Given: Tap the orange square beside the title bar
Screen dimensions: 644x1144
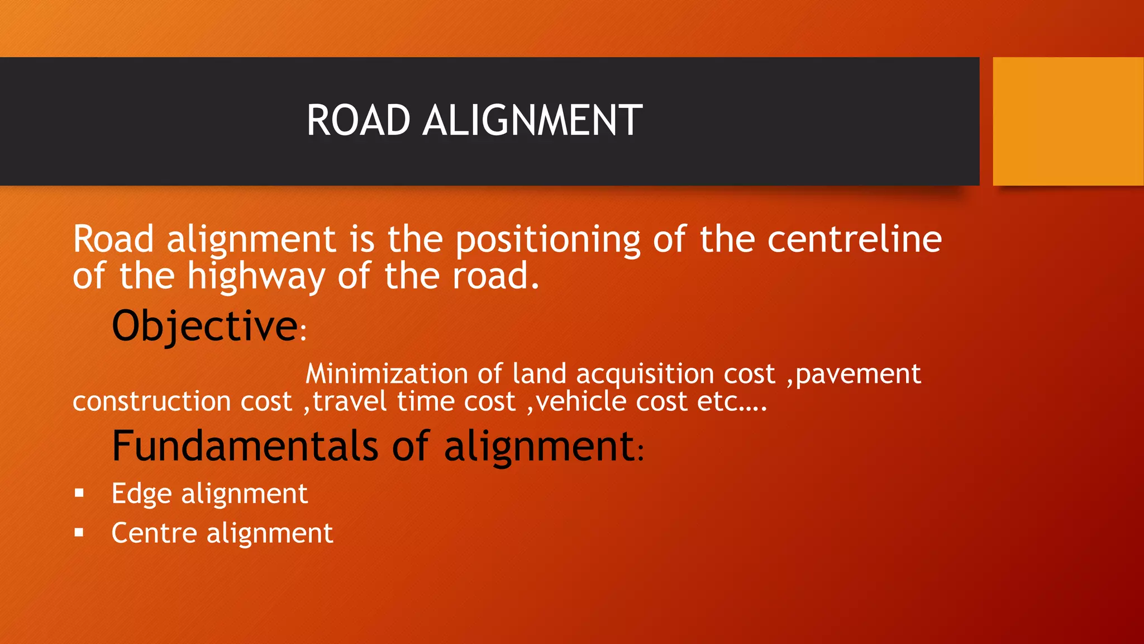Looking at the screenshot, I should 1067,121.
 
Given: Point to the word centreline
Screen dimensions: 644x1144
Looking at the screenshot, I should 854,239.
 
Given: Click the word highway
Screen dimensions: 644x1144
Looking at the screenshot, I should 256,277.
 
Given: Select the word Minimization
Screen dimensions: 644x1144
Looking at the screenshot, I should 387,373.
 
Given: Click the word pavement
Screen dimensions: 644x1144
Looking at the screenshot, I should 858,374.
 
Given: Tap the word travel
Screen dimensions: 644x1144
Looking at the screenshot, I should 350,401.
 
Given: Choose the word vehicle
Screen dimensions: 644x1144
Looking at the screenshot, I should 581,401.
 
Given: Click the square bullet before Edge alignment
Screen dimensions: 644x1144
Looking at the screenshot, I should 79,493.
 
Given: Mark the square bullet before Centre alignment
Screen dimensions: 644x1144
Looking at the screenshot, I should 79,533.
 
